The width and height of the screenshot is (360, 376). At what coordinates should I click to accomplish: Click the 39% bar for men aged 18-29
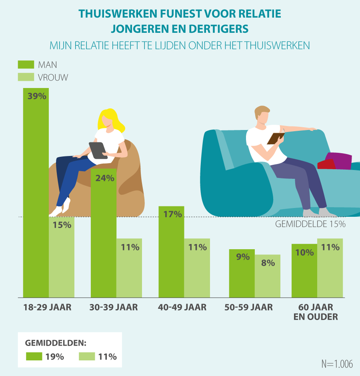pos(36,192)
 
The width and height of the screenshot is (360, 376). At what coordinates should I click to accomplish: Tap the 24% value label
pos(105,178)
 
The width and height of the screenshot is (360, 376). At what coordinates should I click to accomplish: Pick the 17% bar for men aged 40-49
pos(172,252)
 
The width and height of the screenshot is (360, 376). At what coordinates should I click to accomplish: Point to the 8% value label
pos(268,263)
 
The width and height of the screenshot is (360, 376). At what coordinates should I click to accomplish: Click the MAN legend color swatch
pos(26,64)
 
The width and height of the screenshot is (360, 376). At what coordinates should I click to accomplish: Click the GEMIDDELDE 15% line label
pos(310,224)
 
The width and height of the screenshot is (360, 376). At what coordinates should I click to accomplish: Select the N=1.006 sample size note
pos(337,364)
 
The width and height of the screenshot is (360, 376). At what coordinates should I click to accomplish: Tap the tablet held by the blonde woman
pos(98,150)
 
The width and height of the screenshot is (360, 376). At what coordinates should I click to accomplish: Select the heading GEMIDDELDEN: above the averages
pos(56,343)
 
